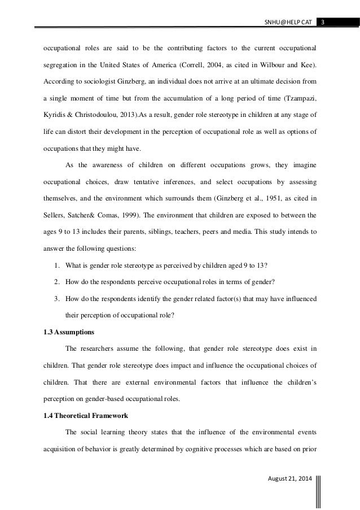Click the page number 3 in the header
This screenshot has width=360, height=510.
pos(323,22)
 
